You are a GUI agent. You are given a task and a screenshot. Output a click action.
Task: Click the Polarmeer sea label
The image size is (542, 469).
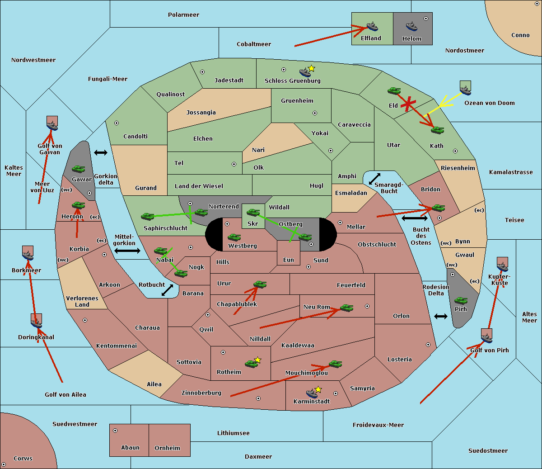[x=183, y=15]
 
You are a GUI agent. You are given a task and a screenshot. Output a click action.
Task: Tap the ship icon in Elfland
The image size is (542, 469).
[x=372, y=26]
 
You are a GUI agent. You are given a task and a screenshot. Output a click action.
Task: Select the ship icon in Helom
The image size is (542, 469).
[x=411, y=26]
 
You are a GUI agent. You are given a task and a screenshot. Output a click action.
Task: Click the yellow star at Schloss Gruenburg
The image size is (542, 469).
[x=311, y=68]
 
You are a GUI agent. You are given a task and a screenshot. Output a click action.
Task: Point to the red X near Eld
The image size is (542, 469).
[x=408, y=104]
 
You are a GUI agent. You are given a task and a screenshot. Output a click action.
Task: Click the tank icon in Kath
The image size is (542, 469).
[x=437, y=130]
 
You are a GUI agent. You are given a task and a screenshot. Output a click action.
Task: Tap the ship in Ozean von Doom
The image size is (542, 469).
[x=465, y=89]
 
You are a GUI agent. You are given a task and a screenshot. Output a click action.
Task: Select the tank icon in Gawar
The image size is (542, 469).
[x=78, y=169]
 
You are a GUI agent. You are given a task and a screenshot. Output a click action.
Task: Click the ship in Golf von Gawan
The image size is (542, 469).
[x=52, y=124]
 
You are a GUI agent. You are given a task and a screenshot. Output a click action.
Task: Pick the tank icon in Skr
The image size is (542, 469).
[x=253, y=212]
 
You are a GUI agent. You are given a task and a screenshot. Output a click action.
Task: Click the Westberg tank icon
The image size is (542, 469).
[x=234, y=237]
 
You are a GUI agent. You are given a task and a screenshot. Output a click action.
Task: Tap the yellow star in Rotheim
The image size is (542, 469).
[x=257, y=360]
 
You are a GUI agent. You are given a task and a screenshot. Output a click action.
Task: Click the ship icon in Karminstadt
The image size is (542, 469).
[x=312, y=393]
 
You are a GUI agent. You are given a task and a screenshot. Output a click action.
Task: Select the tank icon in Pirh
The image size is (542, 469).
[x=461, y=300]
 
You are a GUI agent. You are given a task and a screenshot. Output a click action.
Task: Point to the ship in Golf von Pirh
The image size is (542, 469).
[x=486, y=337]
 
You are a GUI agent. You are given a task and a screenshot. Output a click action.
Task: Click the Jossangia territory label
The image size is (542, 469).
[x=201, y=113]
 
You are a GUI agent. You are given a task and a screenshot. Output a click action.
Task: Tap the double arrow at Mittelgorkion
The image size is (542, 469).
[x=127, y=251]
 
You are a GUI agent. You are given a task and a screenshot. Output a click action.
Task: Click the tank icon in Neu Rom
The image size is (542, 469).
[x=346, y=308]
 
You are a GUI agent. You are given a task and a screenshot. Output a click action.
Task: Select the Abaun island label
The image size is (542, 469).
[x=130, y=448]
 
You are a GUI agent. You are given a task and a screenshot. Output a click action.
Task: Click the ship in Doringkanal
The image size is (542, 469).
[x=37, y=322]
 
